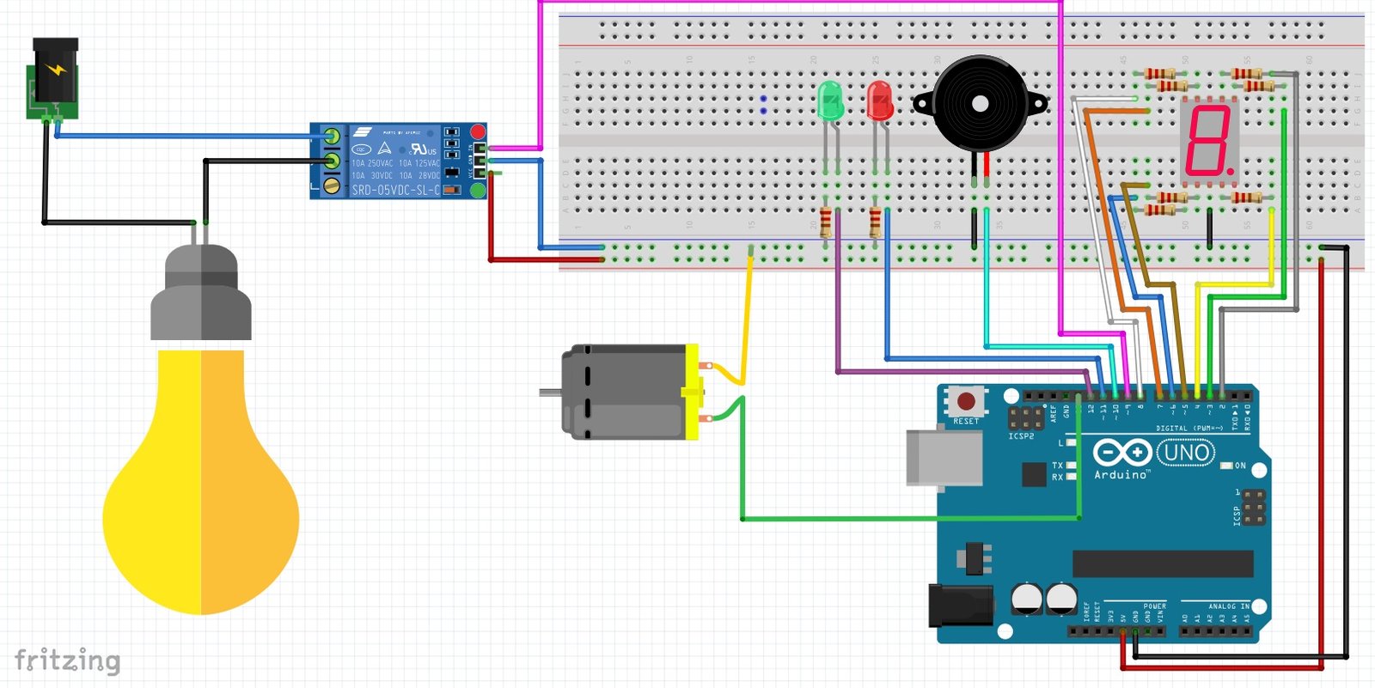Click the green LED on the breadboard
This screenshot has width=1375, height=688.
point(830,100)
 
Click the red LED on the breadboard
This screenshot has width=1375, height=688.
point(879,100)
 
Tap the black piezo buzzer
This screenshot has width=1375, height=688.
point(980,104)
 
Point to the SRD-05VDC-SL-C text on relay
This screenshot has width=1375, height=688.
point(394,190)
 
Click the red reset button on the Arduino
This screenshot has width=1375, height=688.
point(966,401)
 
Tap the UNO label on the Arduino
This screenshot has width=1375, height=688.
point(1186,453)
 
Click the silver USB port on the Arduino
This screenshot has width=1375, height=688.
point(944,457)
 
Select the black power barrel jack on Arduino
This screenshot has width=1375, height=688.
point(960,605)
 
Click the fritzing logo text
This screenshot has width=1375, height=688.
point(67,661)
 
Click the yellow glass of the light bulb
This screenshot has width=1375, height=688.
point(201,498)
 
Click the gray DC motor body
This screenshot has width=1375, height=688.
point(623,392)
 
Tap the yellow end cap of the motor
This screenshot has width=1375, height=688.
point(692,392)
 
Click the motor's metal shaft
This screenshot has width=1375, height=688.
point(550,393)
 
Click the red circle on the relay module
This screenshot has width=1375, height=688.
point(478,131)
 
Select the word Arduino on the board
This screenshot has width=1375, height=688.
point(1120,474)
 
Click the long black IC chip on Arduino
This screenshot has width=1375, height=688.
point(1162,563)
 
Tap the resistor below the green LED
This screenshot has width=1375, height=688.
point(826,222)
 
